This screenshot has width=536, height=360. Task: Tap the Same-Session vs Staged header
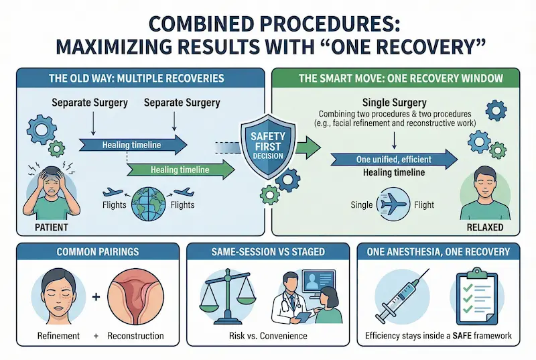click(269, 252)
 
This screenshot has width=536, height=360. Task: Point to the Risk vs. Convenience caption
click(268, 335)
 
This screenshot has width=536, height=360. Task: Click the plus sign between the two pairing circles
click(95, 295)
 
